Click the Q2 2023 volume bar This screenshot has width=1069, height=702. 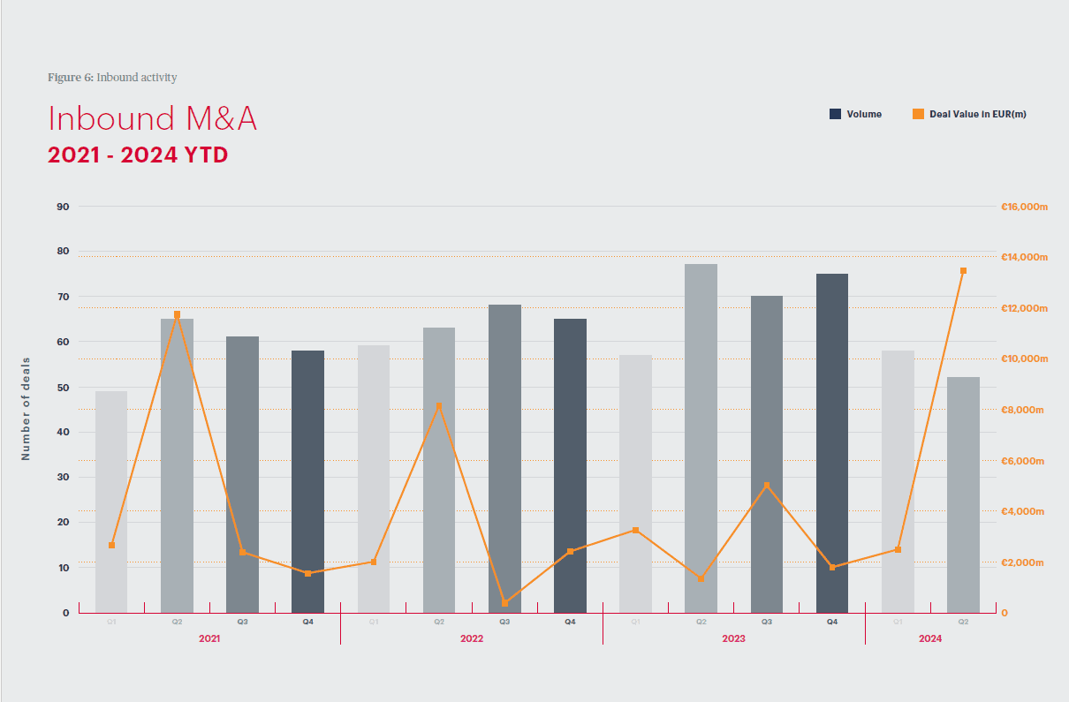pyautogui.click(x=701, y=438)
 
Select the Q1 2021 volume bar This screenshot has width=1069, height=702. pyautogui.click(x=111, y=502)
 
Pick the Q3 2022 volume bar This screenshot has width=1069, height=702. pyautogui.click(x=504, y=458)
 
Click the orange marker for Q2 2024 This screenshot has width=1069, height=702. pyautogui.click(x=963, y=271)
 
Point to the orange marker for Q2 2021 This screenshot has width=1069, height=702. pyautogui.click(x=177, y=314)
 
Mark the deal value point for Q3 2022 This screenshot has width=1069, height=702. pyautogui.click(x=504, y=603)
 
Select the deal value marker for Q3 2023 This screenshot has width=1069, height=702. pyautogui.click(x=767, y=486)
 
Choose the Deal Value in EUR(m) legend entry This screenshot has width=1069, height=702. pyautogui.click(x=969, y=114)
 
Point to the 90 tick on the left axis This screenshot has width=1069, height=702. pyautogui.click(x=63, y=207)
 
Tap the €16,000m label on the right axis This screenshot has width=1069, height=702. pyautogui.click(x=1023, y=207)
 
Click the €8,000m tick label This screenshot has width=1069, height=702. pyautogui.click(x=1023, y=410)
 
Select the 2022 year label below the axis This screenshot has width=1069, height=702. pyautogui.click(x=472, y=638)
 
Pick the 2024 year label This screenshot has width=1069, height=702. pyautogui.click(x=930, y=638)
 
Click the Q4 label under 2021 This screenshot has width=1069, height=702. pyautogui.click(x=307, y=622)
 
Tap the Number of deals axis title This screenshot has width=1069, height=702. pyautogui.click(x=26, y=409)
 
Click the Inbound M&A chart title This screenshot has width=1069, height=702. pyautogui.click(x=152, y=118)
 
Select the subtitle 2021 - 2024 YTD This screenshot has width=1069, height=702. pyautogui.click(x=138, y=155)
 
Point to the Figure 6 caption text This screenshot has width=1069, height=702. pyautogui.click(x=112, y=78)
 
